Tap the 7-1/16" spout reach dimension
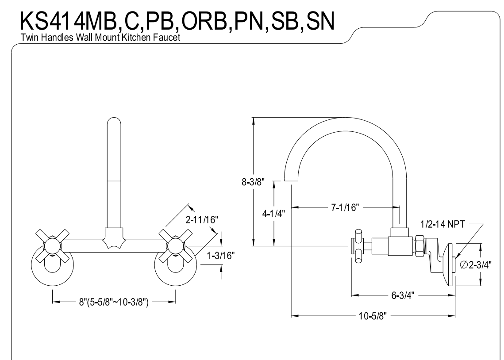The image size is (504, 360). [344, 207]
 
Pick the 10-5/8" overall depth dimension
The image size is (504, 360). [373, 316]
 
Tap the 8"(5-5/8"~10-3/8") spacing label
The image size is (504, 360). [114, 303]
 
